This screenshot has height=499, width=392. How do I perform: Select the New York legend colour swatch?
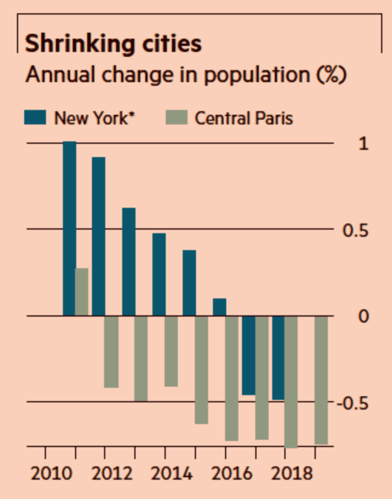coord(36,117)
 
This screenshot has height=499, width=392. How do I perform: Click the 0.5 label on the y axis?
coord(357,230)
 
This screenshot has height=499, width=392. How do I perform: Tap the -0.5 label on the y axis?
coord(355,403)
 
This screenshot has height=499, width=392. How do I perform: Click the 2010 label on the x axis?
coord(46,473)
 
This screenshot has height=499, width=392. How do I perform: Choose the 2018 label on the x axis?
coord(286,473)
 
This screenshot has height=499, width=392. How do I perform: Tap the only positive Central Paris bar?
coord(82,292)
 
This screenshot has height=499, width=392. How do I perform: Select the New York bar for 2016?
coord(220,307)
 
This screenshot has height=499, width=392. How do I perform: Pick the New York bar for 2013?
coord(129,262)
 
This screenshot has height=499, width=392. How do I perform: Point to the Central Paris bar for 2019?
coord(321,380)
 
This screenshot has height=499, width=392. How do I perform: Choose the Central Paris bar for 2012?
coord(111,352)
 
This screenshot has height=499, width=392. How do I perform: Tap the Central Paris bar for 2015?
coord(201,370)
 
